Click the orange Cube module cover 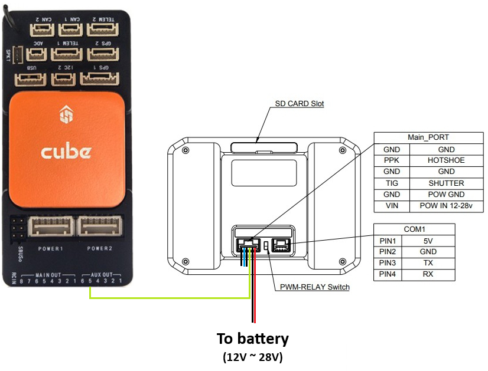[66, 148]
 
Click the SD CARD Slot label [300, 104]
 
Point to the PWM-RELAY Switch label [315, 287]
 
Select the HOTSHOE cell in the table [446, 160]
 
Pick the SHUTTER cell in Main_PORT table [446, 183]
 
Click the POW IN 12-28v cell [446, 206]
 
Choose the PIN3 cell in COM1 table [387, 263]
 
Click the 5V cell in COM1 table [428, 240]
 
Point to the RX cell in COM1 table [428, 274]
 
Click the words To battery [253, 339]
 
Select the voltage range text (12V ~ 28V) [253, 357]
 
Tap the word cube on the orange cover [66, 152]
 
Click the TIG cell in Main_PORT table [391, 183]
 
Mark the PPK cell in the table [391, 160]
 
